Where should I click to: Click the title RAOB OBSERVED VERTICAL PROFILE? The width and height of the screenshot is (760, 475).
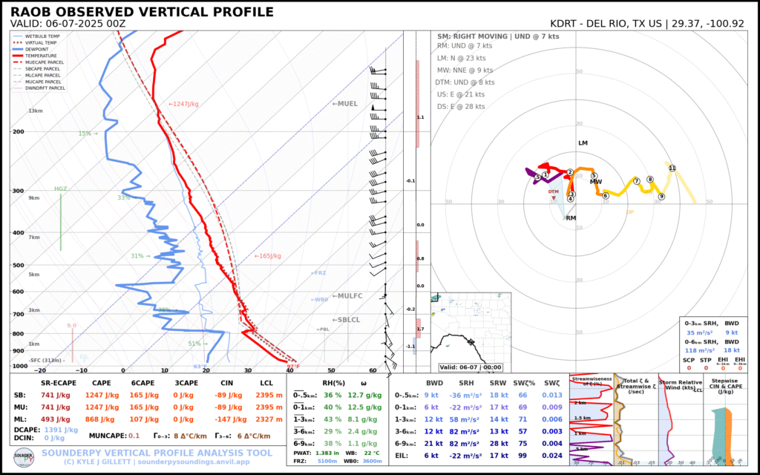(x=142, y=13)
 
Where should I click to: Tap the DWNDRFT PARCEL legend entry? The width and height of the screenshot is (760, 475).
(x=48, y=88)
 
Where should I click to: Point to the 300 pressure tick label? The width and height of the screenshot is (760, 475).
(x=19, y=191)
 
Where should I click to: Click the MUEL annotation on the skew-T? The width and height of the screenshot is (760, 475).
(x=344, y=104)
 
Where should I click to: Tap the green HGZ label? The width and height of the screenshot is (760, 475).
(x=61, y=189)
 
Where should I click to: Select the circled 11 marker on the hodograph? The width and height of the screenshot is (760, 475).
(x=672, y=168)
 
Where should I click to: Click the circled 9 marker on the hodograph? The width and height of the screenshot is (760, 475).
(x=661, y=197)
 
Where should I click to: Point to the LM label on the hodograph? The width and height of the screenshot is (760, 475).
(x=583, y=142)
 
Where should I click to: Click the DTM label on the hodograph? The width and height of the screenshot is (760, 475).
(x=553, y=191)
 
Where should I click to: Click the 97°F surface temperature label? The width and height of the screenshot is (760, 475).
(x=293, y=366)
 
